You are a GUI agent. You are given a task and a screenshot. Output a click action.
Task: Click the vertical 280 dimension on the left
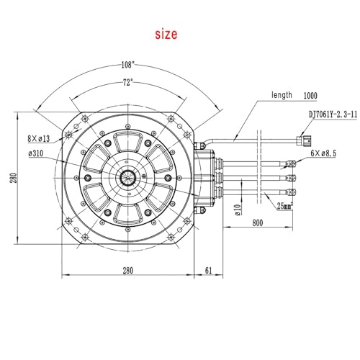12,177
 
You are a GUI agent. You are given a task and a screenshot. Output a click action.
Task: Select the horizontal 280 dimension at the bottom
127,271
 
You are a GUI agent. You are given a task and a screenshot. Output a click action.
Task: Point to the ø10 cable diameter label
236,210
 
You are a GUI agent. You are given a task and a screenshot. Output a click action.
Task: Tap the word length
282,94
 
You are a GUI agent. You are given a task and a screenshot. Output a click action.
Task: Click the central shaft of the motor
128,177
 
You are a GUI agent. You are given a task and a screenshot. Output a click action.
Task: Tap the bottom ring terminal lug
293,192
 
